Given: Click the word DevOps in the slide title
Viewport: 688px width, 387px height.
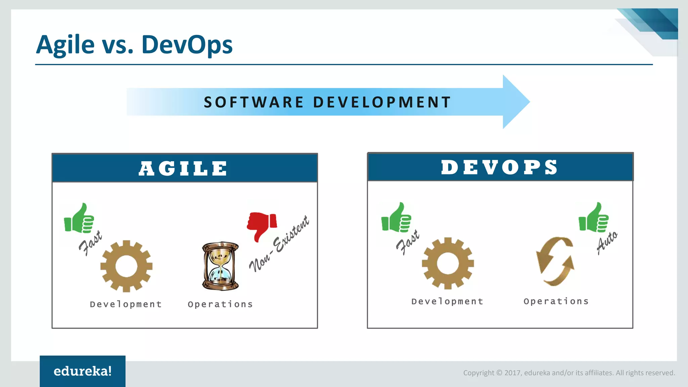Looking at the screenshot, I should pos(187,45).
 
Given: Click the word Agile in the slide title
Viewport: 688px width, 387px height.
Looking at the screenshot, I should pos(65,45).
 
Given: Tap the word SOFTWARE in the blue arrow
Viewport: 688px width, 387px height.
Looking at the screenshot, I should pos(254,102).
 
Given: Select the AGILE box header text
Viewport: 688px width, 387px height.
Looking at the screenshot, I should pos(183,168).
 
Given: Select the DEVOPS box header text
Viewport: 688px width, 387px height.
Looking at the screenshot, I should pos(500,167).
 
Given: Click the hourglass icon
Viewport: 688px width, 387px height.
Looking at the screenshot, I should pos(220,266).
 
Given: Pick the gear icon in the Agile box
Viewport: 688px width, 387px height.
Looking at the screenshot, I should pos(126,266).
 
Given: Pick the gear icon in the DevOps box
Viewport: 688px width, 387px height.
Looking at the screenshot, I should pos(448,263).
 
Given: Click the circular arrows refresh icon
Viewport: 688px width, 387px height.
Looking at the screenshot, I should pos(555,261).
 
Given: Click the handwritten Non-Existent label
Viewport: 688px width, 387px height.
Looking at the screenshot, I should pos(279,244).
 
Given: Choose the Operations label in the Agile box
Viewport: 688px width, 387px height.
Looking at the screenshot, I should pos(220,304).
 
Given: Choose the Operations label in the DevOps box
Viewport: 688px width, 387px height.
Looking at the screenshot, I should pos(556,301).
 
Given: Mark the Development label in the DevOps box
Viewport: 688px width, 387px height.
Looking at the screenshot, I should pos(447,301).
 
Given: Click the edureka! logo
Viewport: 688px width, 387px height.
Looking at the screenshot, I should pos(83,371).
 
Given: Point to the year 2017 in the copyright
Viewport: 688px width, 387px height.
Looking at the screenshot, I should pos(513,373).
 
